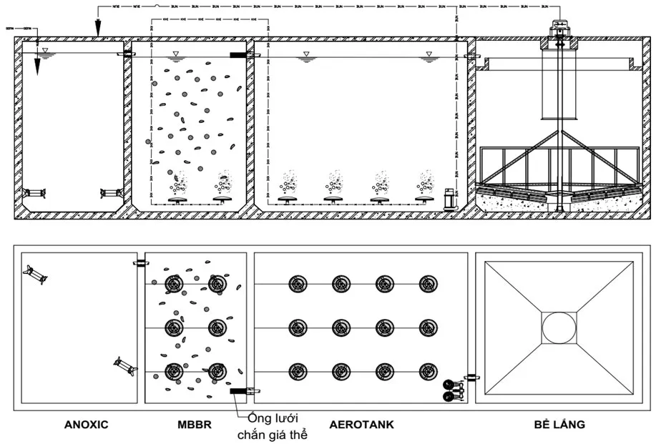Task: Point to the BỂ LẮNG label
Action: tap(559, 425)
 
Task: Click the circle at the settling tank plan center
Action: tap(559, 328)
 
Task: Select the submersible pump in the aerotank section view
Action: tap(449, 197)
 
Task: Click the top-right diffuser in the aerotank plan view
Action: tap(428, 284)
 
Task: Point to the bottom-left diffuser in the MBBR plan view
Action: tap(174, 373)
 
